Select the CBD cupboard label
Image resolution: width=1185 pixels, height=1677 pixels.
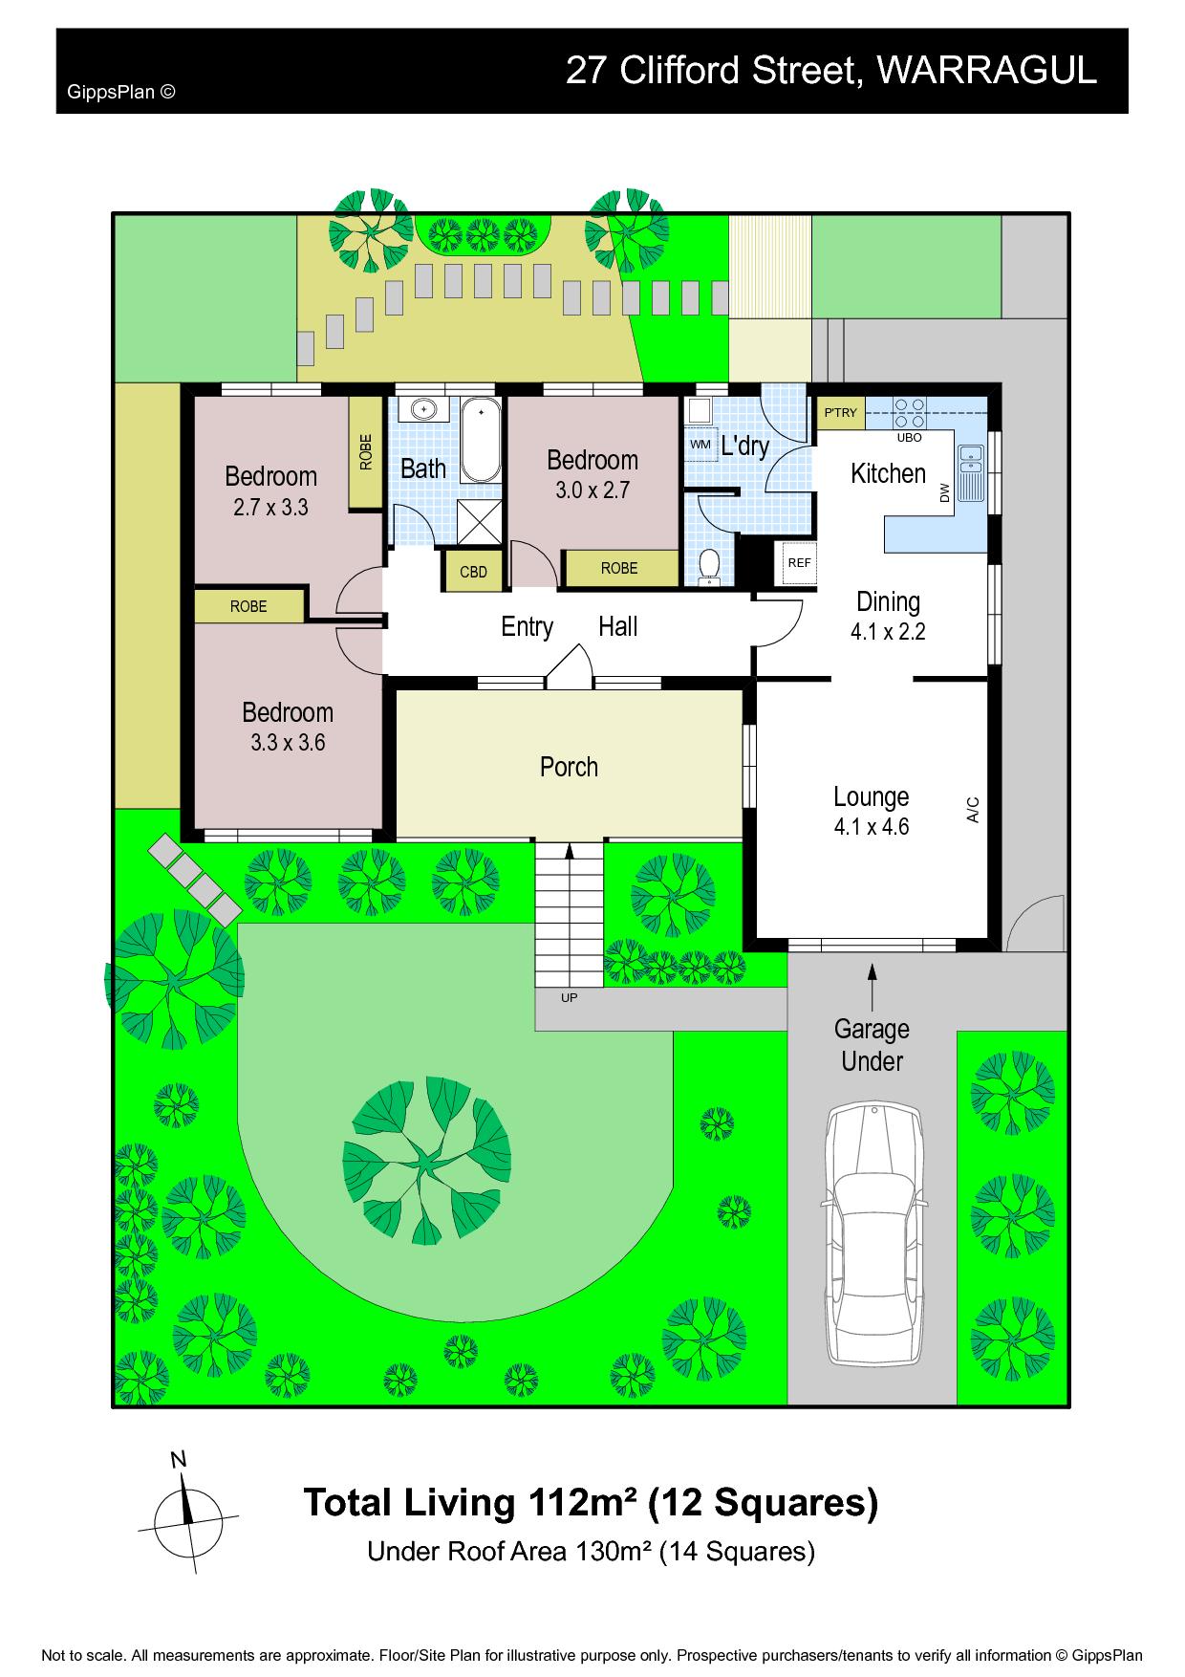pos(474,573)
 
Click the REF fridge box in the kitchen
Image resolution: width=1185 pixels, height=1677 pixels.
pos(799,563)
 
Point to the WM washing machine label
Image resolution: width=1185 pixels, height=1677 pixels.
pos(700,445)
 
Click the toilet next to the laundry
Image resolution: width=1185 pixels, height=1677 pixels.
pos(709,565)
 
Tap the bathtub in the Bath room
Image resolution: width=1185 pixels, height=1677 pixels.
pos(482,441)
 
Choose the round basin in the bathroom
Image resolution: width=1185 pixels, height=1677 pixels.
pos(423,409)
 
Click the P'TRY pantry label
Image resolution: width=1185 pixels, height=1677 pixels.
pos(841,413)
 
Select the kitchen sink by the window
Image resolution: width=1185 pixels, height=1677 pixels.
pos(971,472)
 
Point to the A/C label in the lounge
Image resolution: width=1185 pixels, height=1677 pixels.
pos(973,809)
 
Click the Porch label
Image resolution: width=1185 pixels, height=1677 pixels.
pos(569,767)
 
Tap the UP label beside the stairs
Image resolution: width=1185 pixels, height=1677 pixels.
pos(569,998)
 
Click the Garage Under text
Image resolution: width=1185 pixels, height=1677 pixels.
pos(872,1045)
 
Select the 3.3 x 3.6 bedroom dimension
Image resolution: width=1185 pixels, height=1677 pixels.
pos(288,742)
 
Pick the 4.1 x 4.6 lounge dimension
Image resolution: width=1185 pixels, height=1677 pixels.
pos(872,827)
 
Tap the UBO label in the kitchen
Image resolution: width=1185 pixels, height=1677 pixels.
pos(909,438)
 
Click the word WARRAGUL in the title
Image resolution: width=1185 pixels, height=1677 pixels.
pos(986,71)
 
